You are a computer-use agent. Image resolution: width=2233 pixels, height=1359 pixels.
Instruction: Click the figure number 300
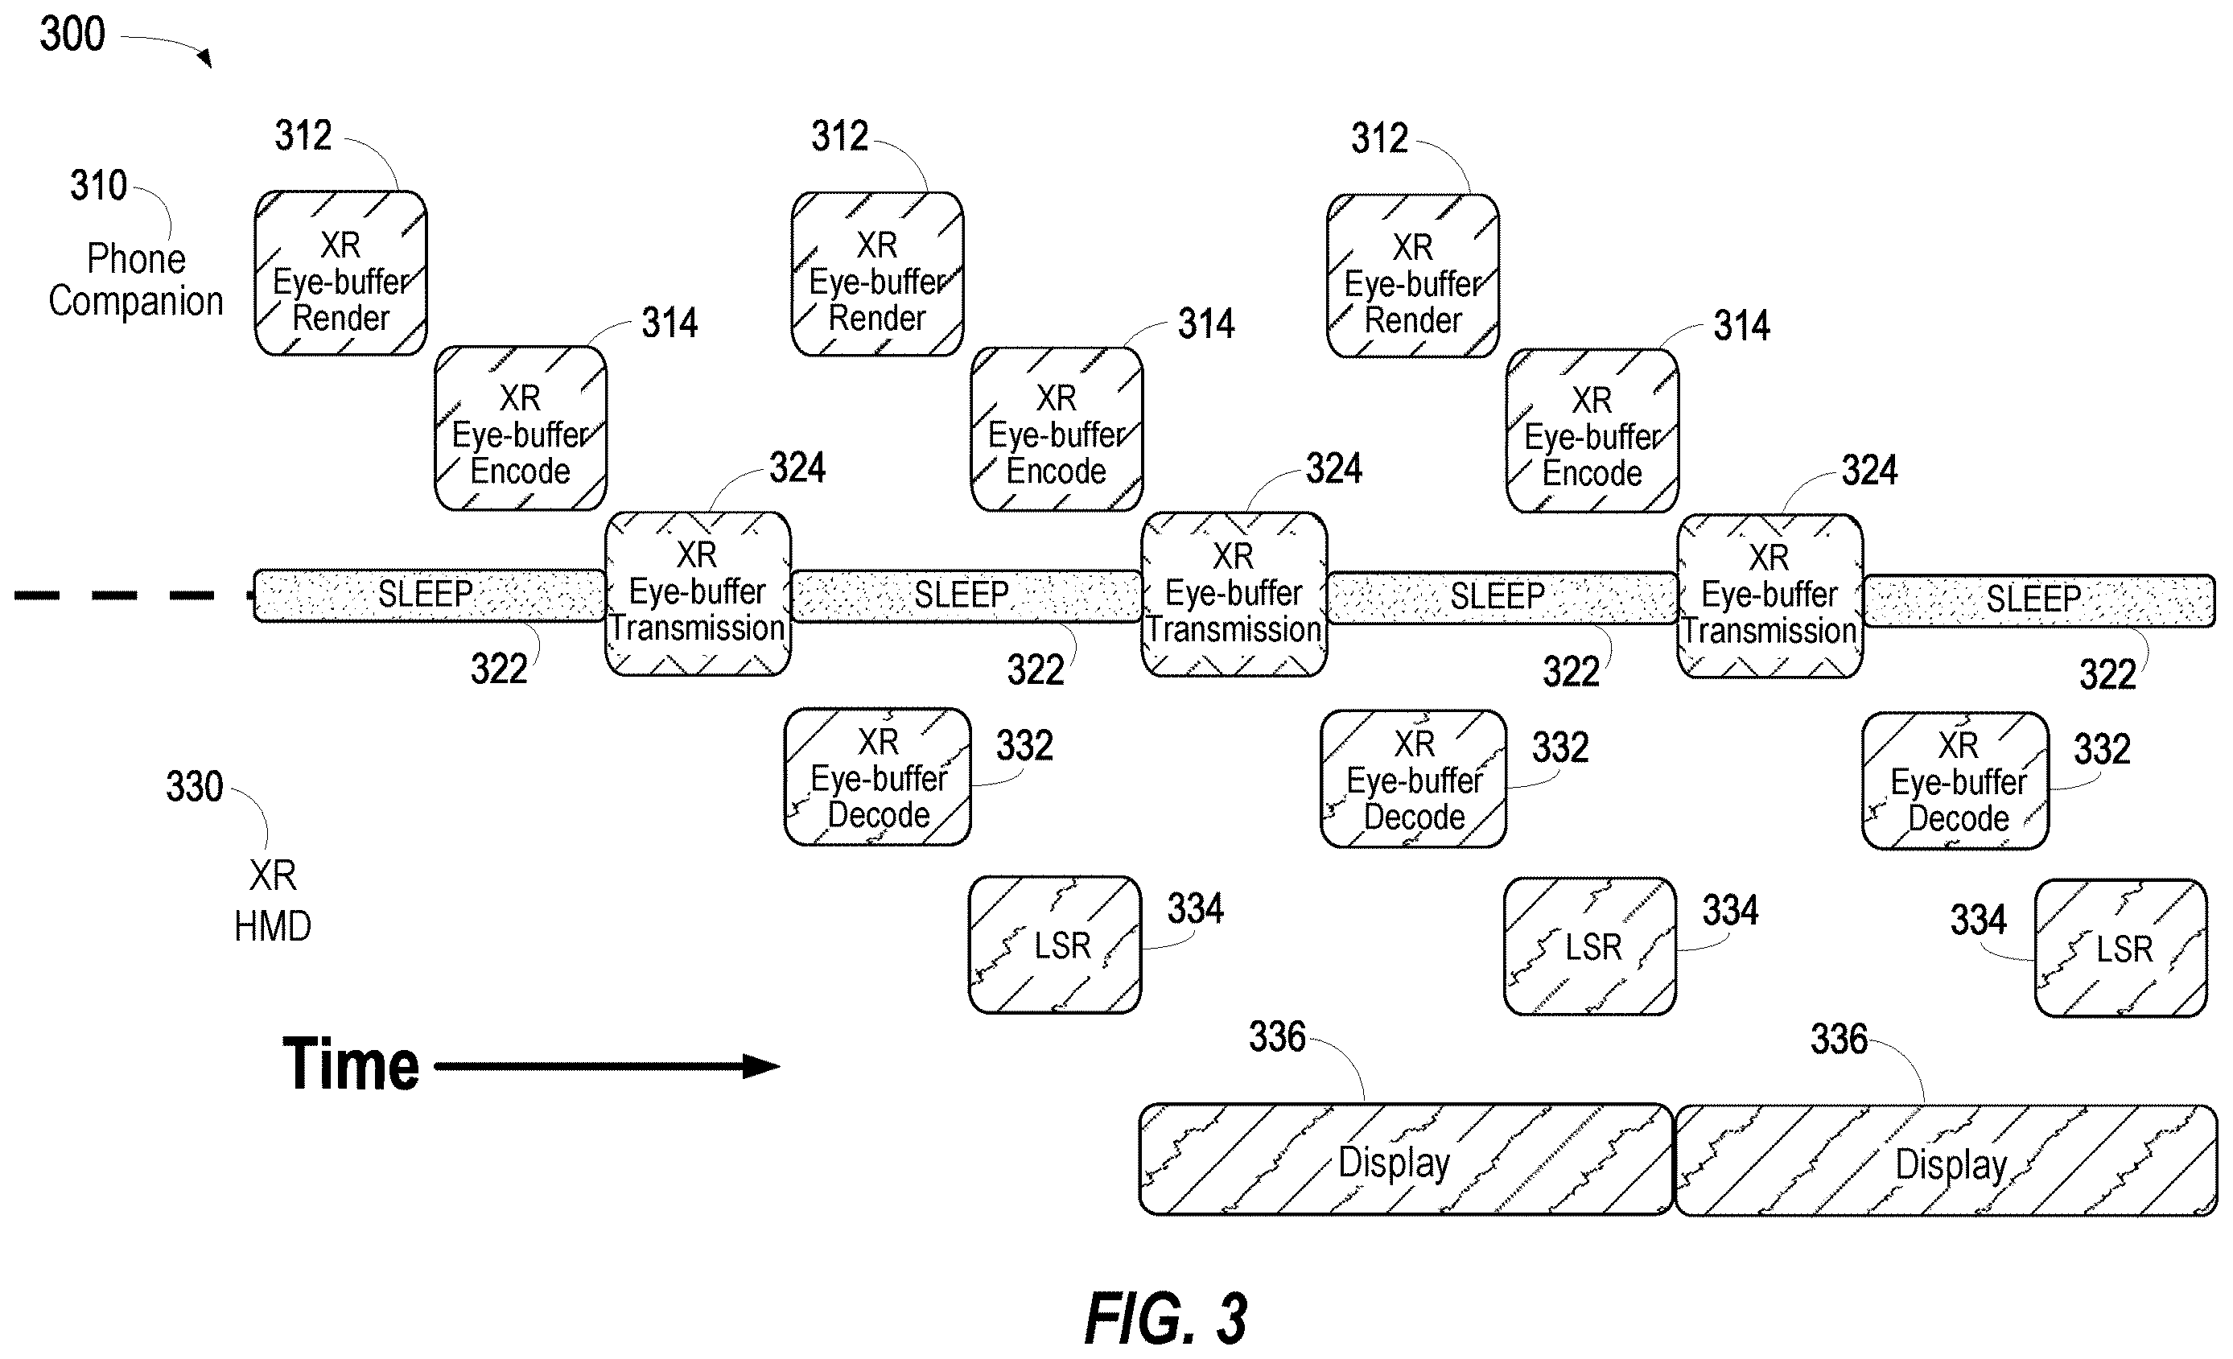(72, 35)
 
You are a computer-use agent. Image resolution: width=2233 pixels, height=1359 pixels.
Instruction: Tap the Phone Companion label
(136, 280)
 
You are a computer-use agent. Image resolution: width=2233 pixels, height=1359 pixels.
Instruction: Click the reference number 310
(99, 186)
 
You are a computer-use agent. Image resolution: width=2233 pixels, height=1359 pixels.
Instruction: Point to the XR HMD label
(273, 900)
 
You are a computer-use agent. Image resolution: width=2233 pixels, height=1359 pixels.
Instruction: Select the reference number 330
(194, 786)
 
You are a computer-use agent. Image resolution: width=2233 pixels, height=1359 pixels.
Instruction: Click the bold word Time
(351, 1065)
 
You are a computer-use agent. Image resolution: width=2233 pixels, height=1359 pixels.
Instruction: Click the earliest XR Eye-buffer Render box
(340, 273)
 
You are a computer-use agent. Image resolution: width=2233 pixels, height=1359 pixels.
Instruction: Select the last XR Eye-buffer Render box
(1413, 275)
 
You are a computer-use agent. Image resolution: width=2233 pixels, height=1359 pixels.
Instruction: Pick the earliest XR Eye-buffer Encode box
(520, 427)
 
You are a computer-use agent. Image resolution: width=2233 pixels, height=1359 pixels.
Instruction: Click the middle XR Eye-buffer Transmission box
(1234, 595)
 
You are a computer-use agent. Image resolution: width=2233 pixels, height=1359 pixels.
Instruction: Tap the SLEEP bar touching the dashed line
(429, 595)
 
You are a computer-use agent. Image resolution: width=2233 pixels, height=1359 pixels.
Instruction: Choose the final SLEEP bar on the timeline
(2039, 599)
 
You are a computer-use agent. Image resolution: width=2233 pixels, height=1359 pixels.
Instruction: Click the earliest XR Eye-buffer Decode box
(877, 777)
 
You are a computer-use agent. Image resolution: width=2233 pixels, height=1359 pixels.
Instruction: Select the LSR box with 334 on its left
(2120, 949)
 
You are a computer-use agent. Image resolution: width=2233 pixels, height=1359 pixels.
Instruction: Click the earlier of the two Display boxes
(1406, 1159)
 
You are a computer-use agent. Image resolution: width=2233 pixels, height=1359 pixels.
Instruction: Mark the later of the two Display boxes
(1946, 1160)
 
